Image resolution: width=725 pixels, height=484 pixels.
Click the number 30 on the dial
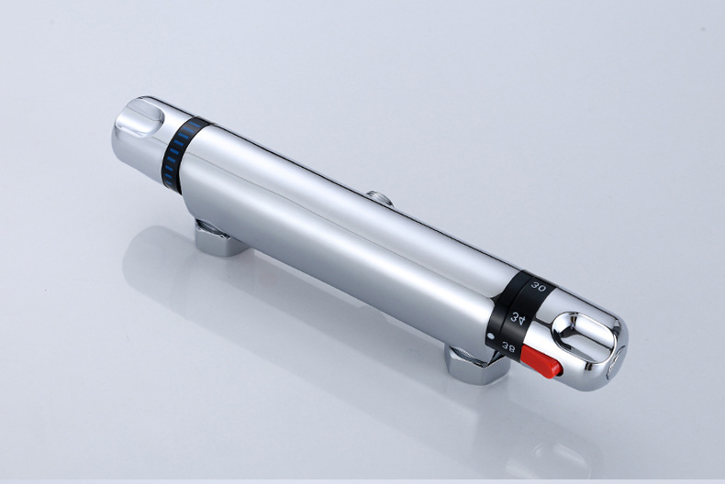(x=538, y=286)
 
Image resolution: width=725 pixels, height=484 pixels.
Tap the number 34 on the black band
(x=519, y=318)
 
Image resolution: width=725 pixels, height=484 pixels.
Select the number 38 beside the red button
(x=508, y=347)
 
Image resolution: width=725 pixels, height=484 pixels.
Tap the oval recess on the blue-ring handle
(x=139, y=116)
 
